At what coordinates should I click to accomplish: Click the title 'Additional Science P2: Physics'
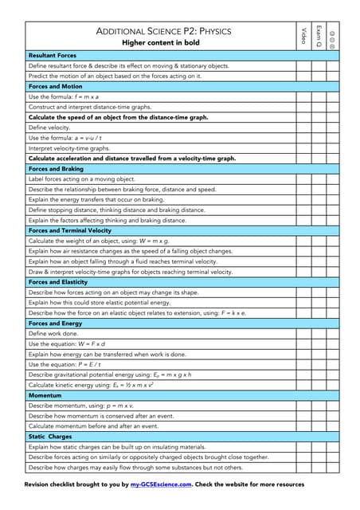(163, 31)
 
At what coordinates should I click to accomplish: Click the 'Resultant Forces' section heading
(53, 55)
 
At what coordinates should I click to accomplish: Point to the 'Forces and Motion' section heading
(55, 86)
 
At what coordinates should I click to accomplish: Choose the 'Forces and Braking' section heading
(56, 169)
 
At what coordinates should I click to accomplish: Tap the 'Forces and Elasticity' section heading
(58, 282)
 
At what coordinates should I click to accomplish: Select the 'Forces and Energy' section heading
(55, 324)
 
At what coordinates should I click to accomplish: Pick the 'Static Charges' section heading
(50, 437)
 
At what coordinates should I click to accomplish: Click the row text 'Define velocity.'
(49, 127)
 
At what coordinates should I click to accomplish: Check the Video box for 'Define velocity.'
(303, 127)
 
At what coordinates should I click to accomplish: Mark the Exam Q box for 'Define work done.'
(318, 334)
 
